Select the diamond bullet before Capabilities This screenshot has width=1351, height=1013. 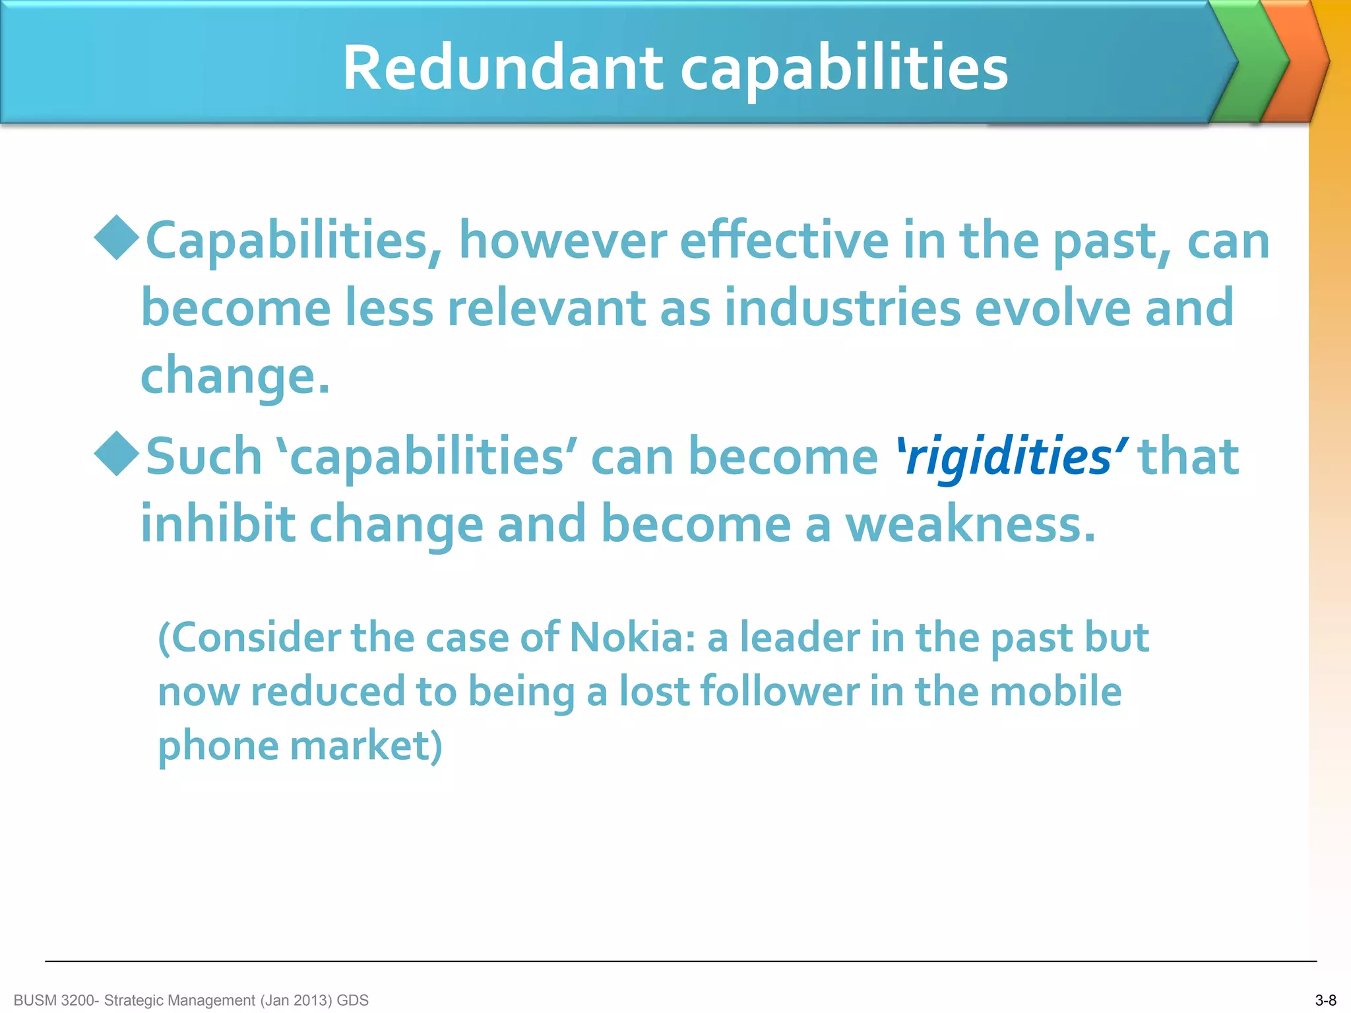tap(117, 237)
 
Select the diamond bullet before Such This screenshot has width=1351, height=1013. tap(117, 454)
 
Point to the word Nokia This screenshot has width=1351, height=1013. tap(631, 638)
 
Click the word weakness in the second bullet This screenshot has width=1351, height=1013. tap(970, 524)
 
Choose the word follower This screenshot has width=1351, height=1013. tap(779, 692)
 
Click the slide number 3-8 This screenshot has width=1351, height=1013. tap(1325, 1000)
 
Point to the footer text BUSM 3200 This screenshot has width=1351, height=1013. tap(55, 1000)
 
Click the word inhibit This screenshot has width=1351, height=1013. tap(218, 524)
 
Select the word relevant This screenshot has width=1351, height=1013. tap(547, 308)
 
